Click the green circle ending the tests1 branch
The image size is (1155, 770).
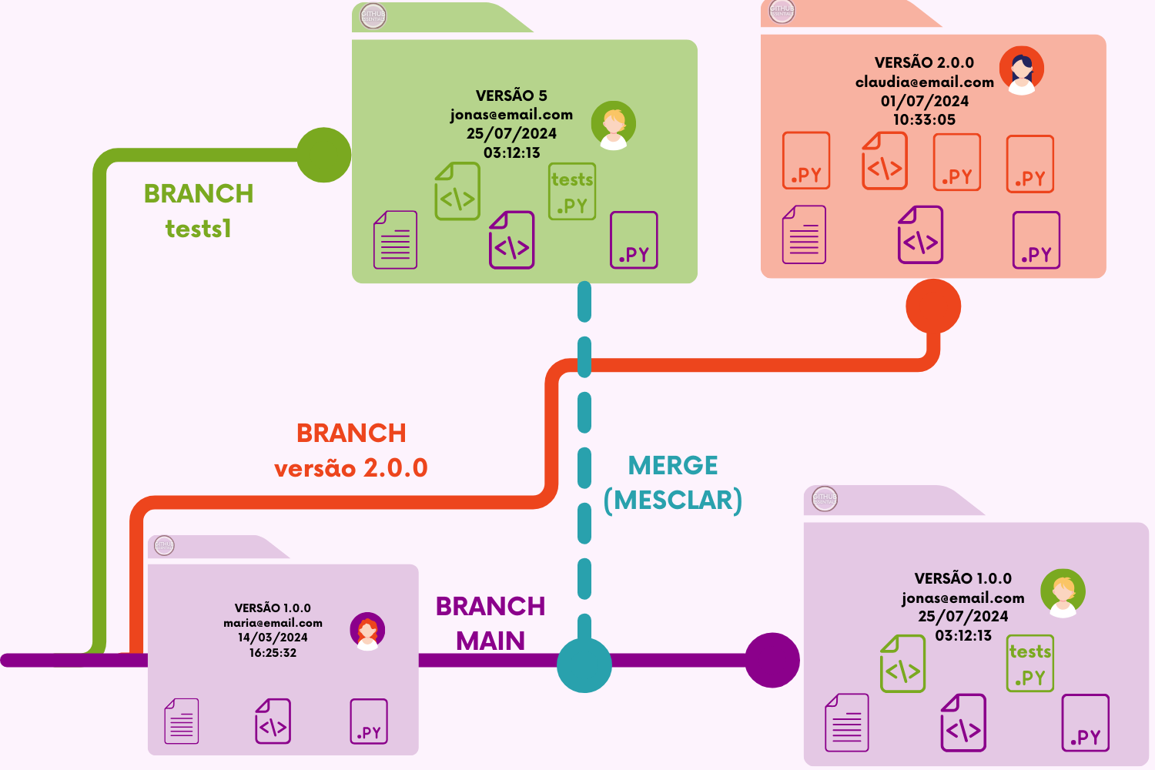(324, 155)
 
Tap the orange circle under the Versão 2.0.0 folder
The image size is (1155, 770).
(933, 306)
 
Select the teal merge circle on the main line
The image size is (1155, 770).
(584, 665)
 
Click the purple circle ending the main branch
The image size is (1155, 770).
(772, 660)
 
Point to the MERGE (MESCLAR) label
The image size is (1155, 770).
(673, 483)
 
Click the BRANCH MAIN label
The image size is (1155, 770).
(490, 624)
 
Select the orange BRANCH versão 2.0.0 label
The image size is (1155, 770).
(351, 450)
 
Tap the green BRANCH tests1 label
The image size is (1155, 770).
(199, 211)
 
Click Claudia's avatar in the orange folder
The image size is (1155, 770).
(1022, 70)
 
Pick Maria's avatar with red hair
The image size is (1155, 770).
(368, 631)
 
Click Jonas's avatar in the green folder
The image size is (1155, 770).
(614, 125)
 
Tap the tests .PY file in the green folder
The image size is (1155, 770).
(572, 192)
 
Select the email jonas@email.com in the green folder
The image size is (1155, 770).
(511, 115)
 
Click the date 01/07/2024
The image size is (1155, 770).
(924, 101)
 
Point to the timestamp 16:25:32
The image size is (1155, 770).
(273, 653)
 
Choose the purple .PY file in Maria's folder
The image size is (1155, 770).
(369, 721)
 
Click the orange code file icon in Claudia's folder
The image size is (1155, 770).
(885, 161)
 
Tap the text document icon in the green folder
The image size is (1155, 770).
(395, 239)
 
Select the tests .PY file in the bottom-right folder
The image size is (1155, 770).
(1030, 664)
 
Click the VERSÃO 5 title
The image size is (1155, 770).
(511, 95)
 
